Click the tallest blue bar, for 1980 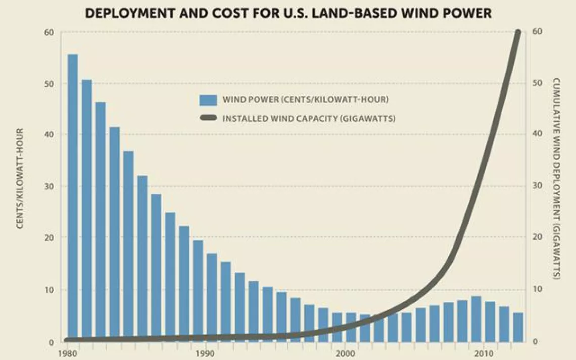[73, 197]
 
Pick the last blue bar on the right [518, 327]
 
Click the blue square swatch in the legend [208, 99]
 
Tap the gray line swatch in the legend [208, 119]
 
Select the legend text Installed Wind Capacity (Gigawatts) [309, 119]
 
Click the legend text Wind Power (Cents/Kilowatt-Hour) [305, 99]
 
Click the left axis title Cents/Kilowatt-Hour [21, 178]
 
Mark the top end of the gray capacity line [517, 33]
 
